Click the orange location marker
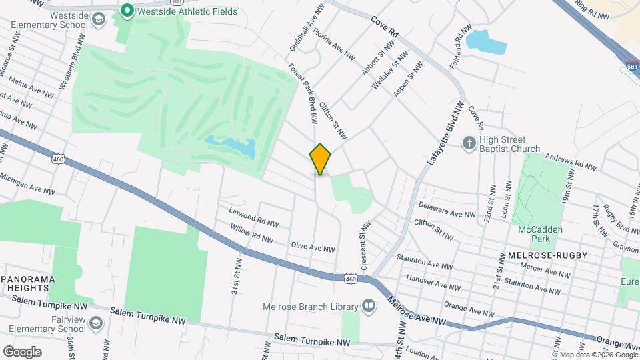[320, 159]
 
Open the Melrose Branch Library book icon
[368, 305]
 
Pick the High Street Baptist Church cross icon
[469, 143]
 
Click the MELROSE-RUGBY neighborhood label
[537, 255]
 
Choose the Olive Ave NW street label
[313, 247]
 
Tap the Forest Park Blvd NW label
[302, 93]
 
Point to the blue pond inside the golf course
[231, 147]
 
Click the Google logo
[22, 351]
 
